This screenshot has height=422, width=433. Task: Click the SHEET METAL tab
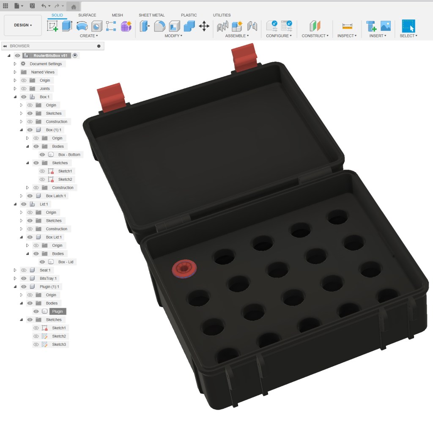[x=151, y=15]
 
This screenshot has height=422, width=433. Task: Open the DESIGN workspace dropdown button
[x=23, y=25]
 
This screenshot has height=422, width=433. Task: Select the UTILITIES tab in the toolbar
[x=222, y=15]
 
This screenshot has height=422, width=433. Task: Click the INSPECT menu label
[x=347, y=36]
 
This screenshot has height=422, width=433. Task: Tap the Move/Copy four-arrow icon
[x=204, y=26]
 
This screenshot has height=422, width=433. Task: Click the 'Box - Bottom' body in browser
[x=69, y=154]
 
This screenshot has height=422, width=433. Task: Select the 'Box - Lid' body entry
[x=66, y=262]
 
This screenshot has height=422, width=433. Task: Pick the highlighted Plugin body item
[x=57, y=312]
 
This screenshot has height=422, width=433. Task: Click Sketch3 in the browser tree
[x=59, y=345]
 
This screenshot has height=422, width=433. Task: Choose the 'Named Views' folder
[x=43, y=72]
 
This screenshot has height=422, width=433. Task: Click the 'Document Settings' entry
[x=46, y=64]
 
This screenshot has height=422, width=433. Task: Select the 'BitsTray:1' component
[x=48, y=279]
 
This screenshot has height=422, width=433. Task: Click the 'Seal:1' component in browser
[x=45, y=270]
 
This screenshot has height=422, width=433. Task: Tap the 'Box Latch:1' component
[x=56, y=196]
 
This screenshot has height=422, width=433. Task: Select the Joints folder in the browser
[x=44, y=88]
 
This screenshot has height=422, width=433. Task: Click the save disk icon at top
[x=32, y=6]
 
